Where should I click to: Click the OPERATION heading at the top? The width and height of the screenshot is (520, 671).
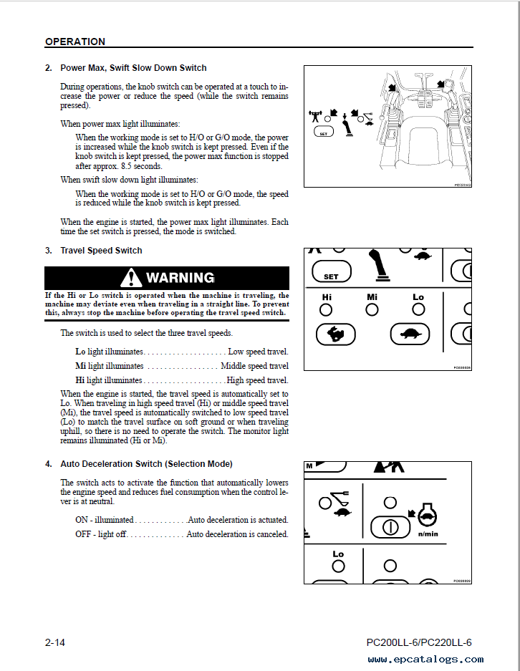point(75,42)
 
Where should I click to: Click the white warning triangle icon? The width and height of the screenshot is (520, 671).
point(131,278)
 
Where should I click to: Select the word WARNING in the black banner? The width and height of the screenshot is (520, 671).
point(180,278)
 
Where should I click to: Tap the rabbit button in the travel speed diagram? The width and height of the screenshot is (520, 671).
point(335,333)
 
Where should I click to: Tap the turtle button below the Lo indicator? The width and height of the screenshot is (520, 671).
point(410,333)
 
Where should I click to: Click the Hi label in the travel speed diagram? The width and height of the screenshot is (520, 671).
point(327,297)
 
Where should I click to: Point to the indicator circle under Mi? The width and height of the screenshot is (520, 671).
point(372,309)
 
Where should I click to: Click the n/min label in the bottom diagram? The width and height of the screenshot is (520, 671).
point(428,534)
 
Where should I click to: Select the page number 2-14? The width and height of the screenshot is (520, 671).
point(55,642)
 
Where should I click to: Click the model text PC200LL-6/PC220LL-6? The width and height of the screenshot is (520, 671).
point(418,642)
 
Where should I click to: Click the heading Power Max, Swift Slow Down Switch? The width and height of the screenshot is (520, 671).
point(133,68)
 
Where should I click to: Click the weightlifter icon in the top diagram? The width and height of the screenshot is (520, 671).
point(316,115)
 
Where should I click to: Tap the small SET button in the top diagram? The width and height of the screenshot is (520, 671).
point(324,132)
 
